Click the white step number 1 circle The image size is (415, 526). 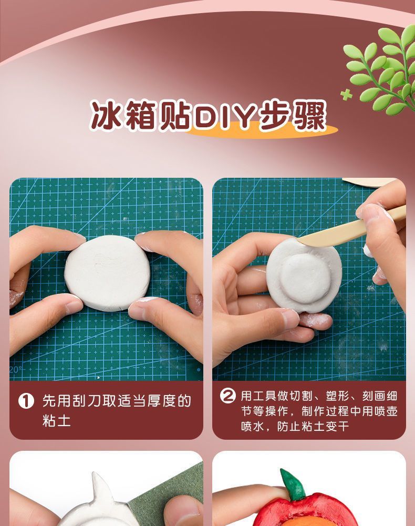[26, 401]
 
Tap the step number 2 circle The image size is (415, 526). [228, 396]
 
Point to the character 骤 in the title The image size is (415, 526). [309, 115]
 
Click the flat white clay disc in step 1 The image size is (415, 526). [107, 272]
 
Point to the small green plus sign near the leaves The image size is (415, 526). [346, 95]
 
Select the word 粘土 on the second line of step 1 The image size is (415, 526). [57, 420]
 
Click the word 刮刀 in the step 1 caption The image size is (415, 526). [85, 401]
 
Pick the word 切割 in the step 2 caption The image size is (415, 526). [301, 396]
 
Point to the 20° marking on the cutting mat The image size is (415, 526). [16, 370]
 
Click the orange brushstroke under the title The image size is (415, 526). [261, 130]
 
